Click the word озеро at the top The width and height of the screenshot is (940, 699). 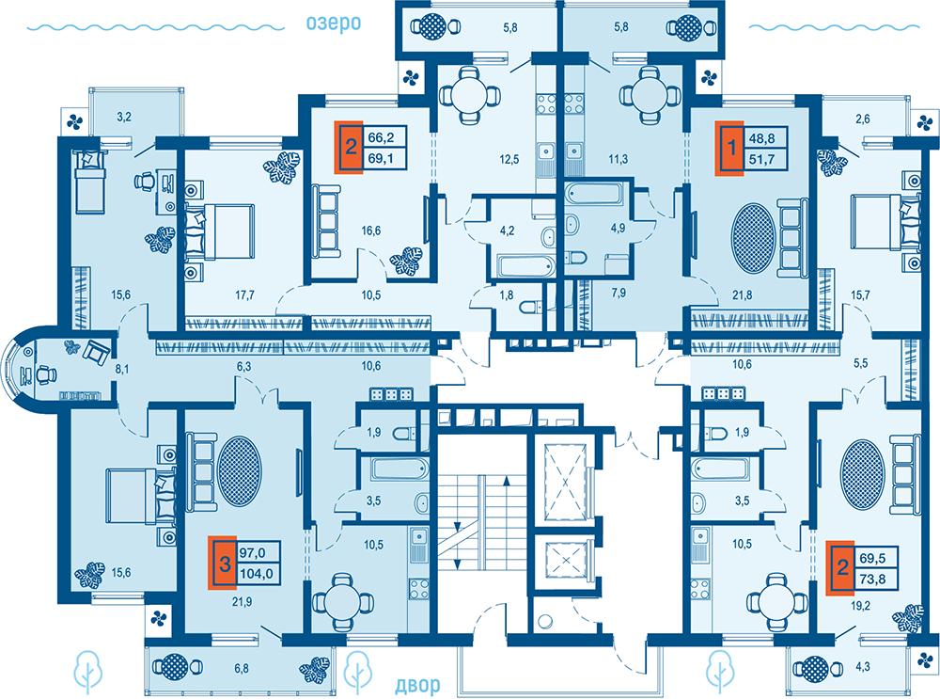(x=334, y=24)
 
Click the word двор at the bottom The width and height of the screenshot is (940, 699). (x=418, y=685)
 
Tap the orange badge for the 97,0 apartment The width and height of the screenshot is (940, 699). (x=225, y=564)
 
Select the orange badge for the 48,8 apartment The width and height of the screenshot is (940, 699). (x=731, y=148)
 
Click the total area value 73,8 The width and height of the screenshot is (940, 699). (x=872, y=580)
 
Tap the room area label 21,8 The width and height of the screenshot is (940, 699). (x=743, y=295)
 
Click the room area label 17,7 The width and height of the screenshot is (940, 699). (x=244, y=295)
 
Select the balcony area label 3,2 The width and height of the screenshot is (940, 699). (x=124, y=117)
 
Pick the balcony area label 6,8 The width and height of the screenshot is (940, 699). (x=242, y=668)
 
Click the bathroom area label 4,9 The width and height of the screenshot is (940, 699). (x=619, y=228)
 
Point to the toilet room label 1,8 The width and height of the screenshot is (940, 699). (x=507, y=295)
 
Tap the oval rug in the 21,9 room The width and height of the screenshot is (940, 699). (x=239, y=471)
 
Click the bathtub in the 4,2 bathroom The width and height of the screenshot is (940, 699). (x=525, y=267)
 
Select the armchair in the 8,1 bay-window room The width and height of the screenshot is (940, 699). (x=96, y=352)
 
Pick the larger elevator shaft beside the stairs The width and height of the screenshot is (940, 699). (x=565, y=483)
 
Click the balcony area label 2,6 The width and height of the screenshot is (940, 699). (x=863, y=119)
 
